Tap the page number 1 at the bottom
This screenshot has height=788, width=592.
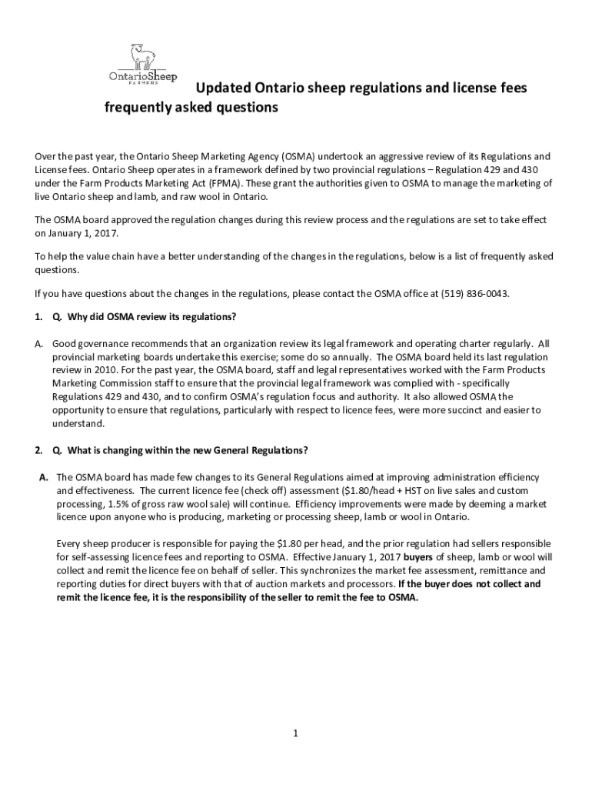[x=295, y=733]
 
